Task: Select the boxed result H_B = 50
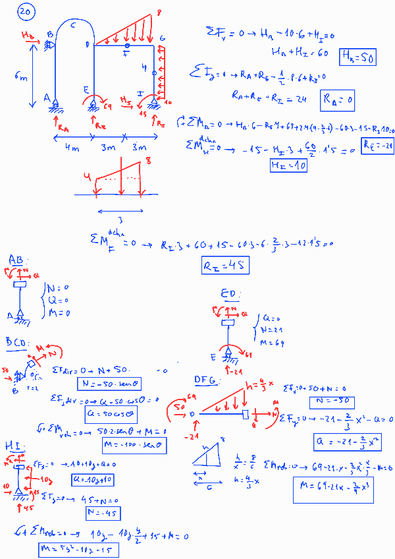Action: (x=357, y=58)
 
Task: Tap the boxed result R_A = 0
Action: (x=337, y=100)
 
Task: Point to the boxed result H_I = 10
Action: (x=288, y=165)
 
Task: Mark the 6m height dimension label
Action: (x=20, y=77)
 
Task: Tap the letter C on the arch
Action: (x=72, y=25)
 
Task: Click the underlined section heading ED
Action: (x=231, y=295)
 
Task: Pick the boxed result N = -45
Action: (x=101, y=513)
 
